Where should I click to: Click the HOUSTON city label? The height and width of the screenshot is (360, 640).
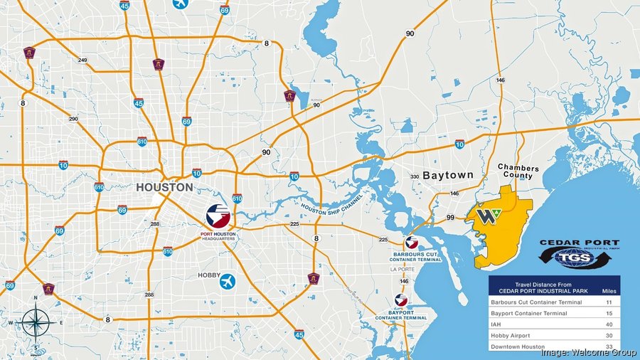coord(165,188)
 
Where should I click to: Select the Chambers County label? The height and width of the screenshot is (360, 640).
coord(518,173)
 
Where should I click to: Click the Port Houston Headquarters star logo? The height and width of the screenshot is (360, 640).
coord(218,214)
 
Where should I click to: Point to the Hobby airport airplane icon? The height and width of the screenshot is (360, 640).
coord(228,280)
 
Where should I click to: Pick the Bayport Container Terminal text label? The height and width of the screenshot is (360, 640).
coord(400,314)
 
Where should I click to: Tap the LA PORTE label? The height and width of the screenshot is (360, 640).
coord(402,270)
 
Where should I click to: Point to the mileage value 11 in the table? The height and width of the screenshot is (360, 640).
coord(606,302)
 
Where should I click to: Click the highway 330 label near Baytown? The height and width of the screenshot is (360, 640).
coord(415,176)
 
